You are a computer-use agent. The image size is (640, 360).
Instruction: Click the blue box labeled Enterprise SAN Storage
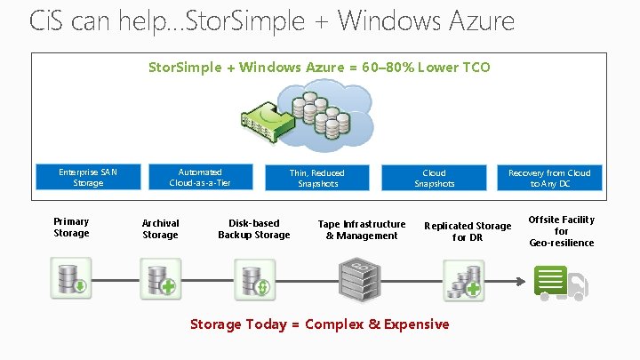coord(88,177)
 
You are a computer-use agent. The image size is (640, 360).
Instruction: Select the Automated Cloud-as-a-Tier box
coord(200,177)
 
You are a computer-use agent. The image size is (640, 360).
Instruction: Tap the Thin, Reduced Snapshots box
coord(317,178)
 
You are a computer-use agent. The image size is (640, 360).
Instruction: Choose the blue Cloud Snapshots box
coord(434,178)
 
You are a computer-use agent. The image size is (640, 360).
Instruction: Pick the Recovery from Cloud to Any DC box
coord(549,178)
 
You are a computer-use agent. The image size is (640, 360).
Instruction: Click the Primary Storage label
coord(71,228)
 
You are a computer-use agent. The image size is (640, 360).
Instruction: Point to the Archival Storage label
coord(161,229)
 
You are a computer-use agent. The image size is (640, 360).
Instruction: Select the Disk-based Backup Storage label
coord(254,229)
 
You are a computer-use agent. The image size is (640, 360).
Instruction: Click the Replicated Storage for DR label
coord(468,232)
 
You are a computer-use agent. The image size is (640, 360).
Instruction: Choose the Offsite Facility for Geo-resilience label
coord(562,231)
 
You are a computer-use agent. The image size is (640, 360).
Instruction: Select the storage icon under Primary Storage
coord(70,279)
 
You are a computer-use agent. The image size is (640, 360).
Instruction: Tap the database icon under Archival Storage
coord(161,279)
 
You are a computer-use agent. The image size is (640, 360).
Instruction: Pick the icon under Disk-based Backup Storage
coord(255,279)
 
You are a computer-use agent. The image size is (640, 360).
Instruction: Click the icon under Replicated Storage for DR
coord(465,279)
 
